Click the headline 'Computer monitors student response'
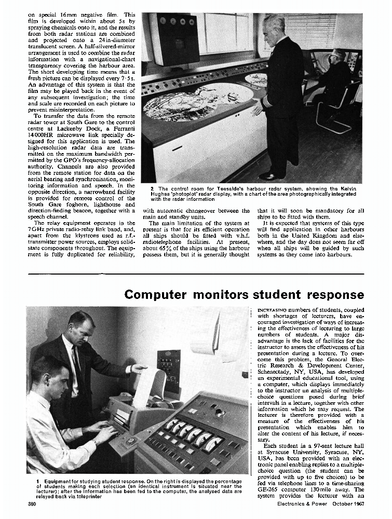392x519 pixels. (244, 294)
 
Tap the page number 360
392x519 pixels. (34, 504)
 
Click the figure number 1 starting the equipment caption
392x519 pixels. (37, 482)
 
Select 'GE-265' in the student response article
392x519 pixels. (268, 489)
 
